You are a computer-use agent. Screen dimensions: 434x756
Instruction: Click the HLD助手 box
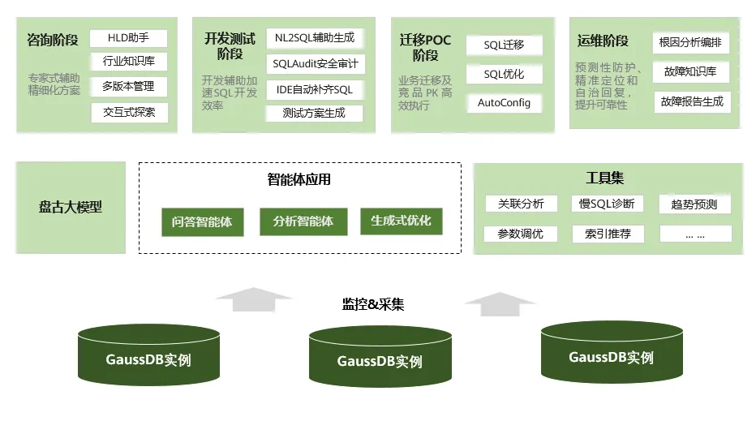click(129, 38)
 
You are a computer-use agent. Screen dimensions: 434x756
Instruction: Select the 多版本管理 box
click(129, 86)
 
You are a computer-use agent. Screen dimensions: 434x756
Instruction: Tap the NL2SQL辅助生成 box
click(315, 38)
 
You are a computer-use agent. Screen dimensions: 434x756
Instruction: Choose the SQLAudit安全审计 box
click(315, 63)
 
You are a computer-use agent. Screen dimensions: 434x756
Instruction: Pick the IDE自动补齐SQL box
click(315, 89)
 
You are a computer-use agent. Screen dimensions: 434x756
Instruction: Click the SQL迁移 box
click(504, 45)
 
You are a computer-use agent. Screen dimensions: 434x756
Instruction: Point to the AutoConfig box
click(504, 103)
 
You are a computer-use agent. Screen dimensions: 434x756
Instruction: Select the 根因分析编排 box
click(691, 43)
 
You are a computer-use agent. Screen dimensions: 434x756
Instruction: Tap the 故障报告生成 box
click(691, 101)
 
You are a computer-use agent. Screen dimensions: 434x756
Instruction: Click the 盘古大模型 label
click(71, 207)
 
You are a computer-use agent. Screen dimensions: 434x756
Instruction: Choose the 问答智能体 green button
click(202, 221)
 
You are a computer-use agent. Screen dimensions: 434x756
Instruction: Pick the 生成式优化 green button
click(401, 221)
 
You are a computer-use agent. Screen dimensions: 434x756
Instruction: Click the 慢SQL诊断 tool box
click(608, 204)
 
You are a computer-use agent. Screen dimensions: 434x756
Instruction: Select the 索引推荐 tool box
click(608, 234)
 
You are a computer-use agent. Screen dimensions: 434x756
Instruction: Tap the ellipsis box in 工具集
click(695, 234)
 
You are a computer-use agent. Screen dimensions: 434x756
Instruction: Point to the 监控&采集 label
click(373, 305)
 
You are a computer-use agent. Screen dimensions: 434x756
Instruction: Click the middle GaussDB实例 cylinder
click(380, 357)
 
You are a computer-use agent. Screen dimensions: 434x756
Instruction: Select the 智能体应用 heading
click(299, 180)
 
